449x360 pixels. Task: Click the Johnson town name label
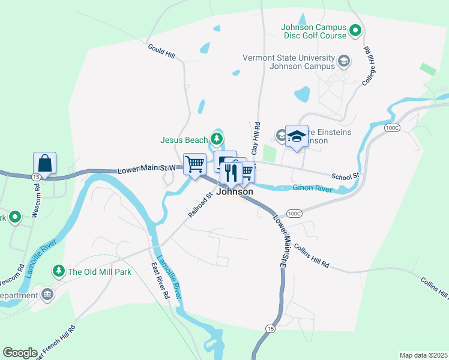(x=234, y=192)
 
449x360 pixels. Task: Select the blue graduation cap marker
(x=297, y=136)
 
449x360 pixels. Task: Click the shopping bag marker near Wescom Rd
(x=45, y=163)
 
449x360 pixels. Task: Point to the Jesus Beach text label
(x=184, y=140)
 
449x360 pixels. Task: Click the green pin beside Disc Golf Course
(x=355, y=29)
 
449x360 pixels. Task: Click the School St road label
(x=345, y=176)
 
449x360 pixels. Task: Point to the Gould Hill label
(x=161, y=50)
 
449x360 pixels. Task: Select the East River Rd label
(x=160, y=281)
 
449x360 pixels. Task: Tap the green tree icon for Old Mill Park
(x=58, y=271)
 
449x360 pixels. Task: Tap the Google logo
(x=20, y=353)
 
